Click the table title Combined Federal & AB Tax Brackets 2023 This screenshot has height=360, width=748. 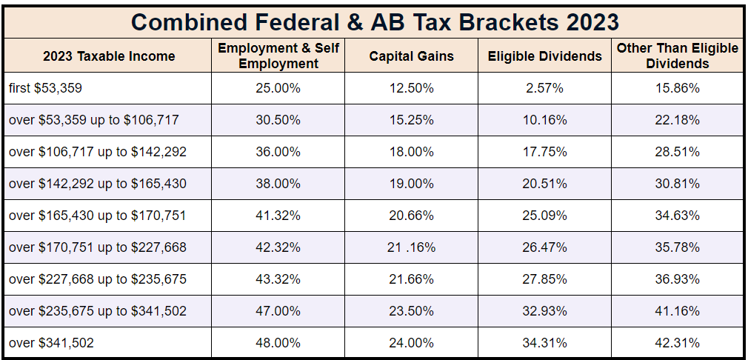[x=375, y=21]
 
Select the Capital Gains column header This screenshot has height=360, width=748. [x=411, y=56]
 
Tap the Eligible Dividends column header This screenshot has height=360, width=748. [x=544, y=56]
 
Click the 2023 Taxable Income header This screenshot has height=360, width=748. [x=109, y=56]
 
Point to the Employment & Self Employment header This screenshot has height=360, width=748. [x=278, y=56]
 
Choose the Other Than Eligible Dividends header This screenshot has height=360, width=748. [x=677, y=56]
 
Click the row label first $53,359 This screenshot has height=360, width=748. [x=46, y=88]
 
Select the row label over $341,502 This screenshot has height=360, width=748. [x=51, y=343]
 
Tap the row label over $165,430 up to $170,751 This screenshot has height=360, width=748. [x=97, y=216]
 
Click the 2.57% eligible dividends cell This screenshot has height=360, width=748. [x=544, y=88]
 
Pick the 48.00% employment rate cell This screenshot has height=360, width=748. [x=278, y=343]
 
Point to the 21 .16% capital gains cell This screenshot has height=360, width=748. [x=411, y=247]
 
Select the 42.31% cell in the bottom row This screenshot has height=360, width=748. [x=677, y=343]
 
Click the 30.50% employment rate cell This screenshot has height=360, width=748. [x=278, y=120]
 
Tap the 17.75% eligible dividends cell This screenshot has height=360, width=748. [x=544, y=152]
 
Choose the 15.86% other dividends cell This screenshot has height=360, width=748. [x=677, y=88]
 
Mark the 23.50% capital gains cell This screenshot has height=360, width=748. [x=411, y=311]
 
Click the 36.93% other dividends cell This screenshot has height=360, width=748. [x=677, y=279]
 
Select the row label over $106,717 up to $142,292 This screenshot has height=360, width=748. [x=97, y=152]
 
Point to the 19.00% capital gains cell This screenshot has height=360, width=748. [x=411, y=184]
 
